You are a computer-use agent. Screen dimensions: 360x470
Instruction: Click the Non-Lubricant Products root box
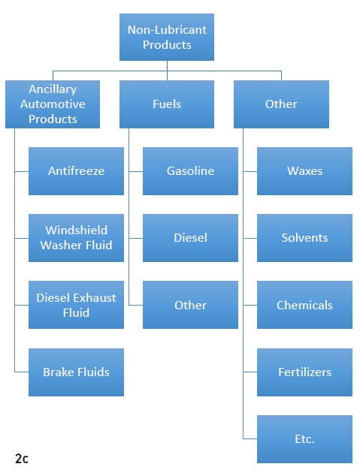click(x=167, y=38)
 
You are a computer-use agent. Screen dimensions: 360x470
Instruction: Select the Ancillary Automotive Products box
click(x=53, y=104)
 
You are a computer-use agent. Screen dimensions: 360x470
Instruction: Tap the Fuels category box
click(x=167, y=104)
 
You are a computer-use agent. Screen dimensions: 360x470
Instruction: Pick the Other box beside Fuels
click(x=281, y=104)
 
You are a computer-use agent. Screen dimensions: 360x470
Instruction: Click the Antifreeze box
click(x=76, y=171)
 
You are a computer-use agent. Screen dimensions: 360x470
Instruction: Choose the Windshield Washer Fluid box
click(x=76, y=238)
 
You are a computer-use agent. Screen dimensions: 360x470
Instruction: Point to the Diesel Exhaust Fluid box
click(x=76, y=305)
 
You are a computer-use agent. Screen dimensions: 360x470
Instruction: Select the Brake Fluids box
click(x=76, y=372)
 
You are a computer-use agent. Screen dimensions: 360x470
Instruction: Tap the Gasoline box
click(x=190, y=171)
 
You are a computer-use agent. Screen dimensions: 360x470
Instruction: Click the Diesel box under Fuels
click(x=190, y=238)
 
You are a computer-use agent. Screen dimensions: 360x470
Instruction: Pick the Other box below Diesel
click(x=190, y=305)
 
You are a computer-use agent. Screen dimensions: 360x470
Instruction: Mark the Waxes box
click(x=305, y=171)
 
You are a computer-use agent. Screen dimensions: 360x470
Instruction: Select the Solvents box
click(x=305, y=238)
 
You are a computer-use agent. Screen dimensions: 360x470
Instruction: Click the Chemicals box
click(x=305, y=305)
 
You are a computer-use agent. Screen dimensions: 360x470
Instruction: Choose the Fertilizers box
click(x=305, y=372)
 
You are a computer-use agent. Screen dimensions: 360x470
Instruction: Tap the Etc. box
click(x=305, y=439)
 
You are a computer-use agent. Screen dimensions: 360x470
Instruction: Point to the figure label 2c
click(x=22, y=459)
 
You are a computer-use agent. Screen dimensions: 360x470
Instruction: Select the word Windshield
click(x=76, y=230)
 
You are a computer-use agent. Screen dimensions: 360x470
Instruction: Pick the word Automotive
click(x=53, y=104)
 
